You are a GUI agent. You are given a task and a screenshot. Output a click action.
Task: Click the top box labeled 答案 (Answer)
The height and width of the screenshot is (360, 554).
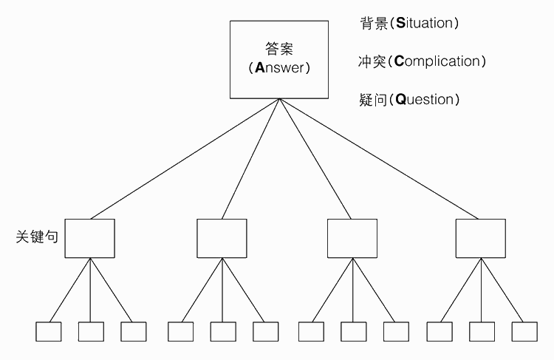(279, 60)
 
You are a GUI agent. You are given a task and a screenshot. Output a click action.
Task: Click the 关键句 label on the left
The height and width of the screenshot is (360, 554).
(36, 238)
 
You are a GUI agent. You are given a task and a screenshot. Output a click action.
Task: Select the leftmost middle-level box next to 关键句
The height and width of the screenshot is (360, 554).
(90, 238)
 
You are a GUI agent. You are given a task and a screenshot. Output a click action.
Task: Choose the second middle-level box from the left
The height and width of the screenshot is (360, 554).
(222, 238)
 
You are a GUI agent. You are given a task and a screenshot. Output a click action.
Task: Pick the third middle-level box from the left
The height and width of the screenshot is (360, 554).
(352, 238)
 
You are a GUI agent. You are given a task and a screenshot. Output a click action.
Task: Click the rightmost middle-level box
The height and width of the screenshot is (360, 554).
(481, 238)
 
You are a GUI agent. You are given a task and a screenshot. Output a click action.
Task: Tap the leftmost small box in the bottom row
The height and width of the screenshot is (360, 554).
(49, 331)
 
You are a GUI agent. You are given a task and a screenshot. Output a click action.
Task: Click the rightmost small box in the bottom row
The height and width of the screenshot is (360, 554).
(524, 331)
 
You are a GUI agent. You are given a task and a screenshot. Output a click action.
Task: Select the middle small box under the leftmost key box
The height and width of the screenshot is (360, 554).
(91, 331)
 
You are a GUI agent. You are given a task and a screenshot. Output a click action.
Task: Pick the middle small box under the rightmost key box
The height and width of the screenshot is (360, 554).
(482, 331)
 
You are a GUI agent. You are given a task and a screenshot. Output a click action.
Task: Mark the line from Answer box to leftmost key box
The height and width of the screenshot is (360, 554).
(185, 159)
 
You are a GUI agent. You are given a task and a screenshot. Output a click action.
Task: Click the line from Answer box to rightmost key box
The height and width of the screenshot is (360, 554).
(380, 159)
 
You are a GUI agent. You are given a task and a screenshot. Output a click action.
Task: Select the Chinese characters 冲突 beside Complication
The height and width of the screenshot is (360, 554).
(371, 61)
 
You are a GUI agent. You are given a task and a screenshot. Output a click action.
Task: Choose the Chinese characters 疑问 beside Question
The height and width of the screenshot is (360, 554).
(372, 99)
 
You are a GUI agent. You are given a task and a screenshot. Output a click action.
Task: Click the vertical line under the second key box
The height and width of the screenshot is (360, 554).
(222, 290)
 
